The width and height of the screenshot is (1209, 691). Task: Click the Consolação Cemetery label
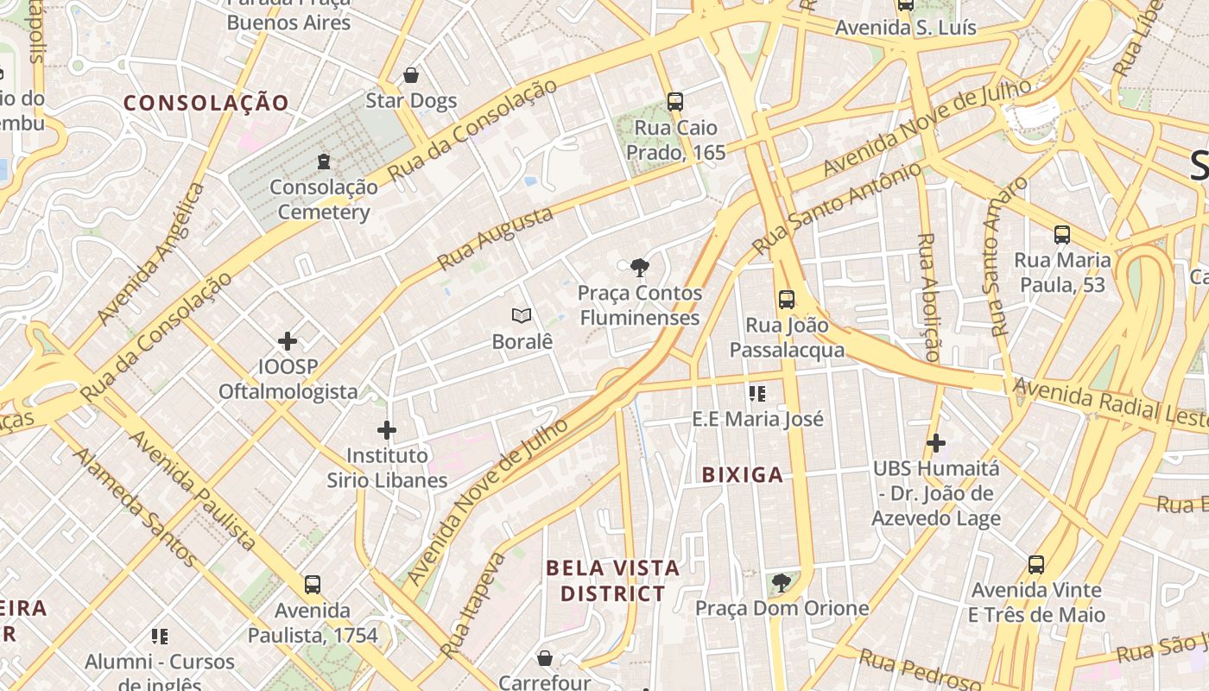pyautogui.click(x=324, y=200)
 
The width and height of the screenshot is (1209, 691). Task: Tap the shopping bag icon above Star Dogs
pyautogui.click(x=411, y=75)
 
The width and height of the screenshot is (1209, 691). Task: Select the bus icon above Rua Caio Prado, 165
pyautogui.click(x=675, y=101)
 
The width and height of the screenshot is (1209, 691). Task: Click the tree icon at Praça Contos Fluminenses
pyautogui.click(x=639, y=267)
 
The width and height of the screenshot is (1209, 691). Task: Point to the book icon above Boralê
pyautogui.click(x=522, y=316)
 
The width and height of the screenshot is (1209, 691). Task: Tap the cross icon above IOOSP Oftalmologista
pyautogui.click(x=288, y=341)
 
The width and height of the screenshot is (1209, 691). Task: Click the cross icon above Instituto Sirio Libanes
pyautogui.click(x=387, y=429)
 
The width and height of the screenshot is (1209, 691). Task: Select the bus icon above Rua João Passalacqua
pyautogui.click(x=786, y=300)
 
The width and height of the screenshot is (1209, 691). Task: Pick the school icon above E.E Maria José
pyautogui.click(x=757, y=394)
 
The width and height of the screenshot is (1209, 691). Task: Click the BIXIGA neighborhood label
pyautogui.click(x=743, y=474)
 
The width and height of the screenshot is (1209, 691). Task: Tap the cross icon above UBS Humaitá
pyautogui.click(x=935, y=443)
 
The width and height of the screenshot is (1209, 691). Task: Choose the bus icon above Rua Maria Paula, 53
pyautogui.click(x=1061, y=234)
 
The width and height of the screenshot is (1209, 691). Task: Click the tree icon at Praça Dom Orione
pyautogui.click(x=782, y=583)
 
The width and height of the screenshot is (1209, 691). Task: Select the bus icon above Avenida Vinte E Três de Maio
pyautogui.click(x=1035, y=565)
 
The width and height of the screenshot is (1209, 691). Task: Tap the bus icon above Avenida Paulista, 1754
pyautogui.click(x=313, y=585)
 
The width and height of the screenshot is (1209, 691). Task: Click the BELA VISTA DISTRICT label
pyautogui.click(x=613, y=580)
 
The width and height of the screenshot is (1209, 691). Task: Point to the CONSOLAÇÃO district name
pyautogui.click(x=206, y=103)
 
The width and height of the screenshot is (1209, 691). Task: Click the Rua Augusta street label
pyautogui.click(x=495, y=238)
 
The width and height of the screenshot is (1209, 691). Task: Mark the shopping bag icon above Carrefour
pyautogui.click(x=545, y=658)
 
